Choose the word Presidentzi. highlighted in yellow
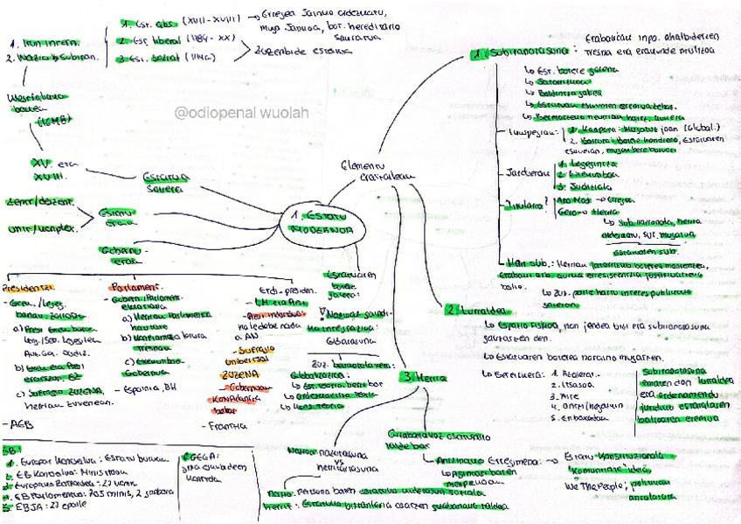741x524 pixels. click(29, 288)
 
